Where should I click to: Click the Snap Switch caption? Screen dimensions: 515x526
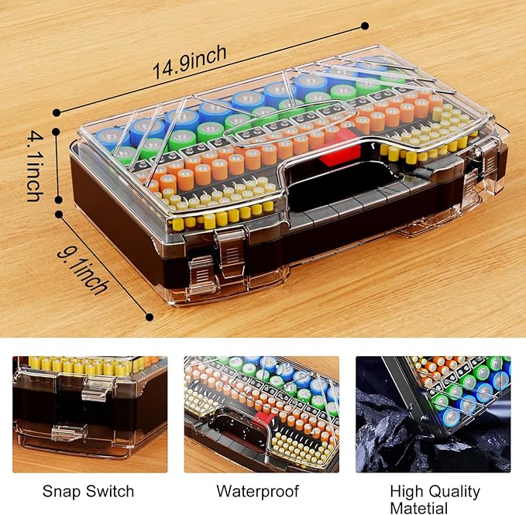click(88, 492)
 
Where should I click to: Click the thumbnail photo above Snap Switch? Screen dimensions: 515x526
click(89, 414)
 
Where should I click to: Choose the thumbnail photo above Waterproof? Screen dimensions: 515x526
click(261, 414)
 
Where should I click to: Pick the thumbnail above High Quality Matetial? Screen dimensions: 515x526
click(433, 414)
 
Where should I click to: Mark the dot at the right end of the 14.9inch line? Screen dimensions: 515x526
click(365, 26)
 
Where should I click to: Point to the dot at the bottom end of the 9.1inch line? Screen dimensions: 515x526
click(150, 315)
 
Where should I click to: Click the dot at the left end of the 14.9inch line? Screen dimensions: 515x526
click(56, 112)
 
